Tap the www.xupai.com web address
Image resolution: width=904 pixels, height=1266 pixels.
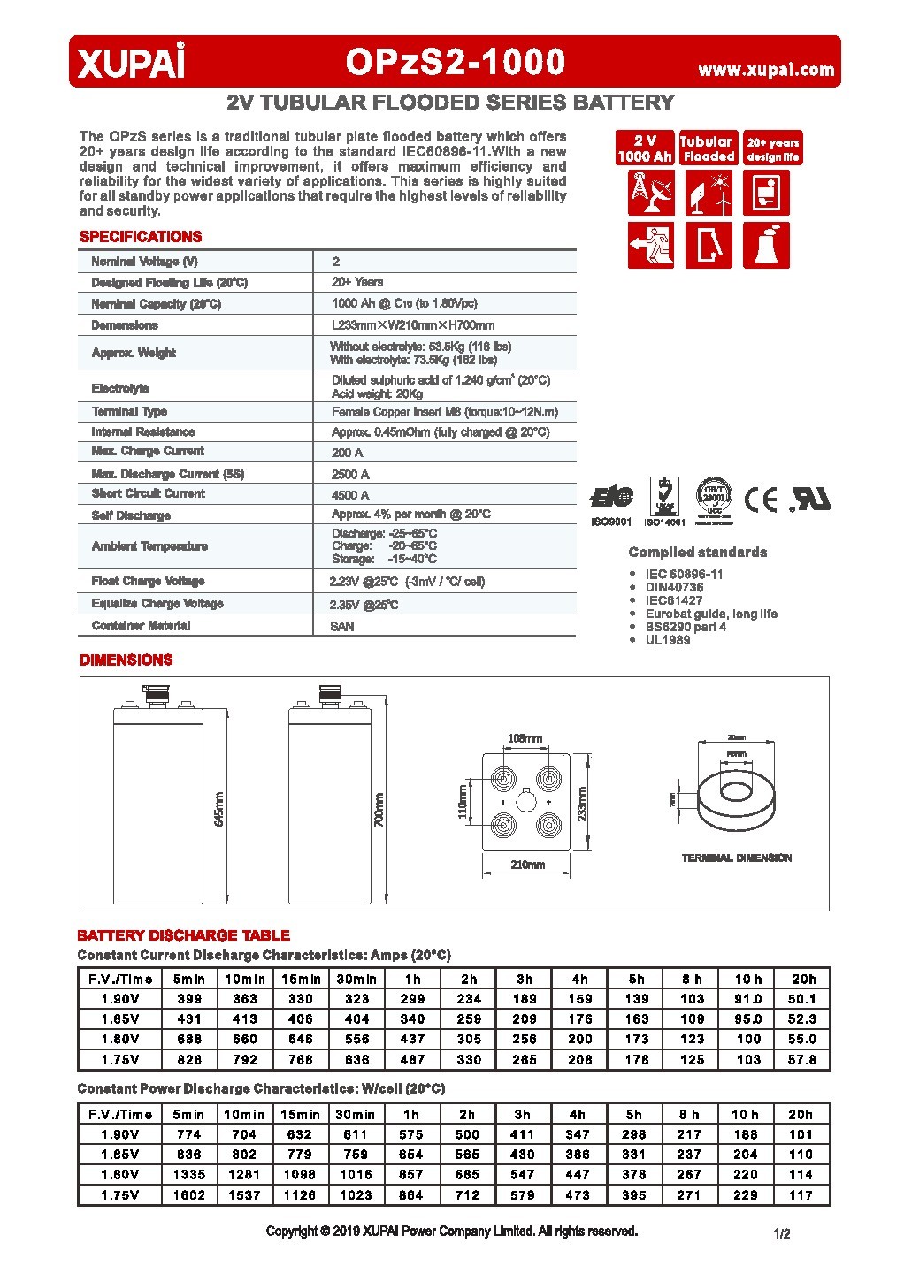point(766,70)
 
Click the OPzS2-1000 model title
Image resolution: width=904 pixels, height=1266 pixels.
point(455,62)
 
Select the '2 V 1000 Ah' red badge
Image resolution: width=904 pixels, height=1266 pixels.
point(645,149)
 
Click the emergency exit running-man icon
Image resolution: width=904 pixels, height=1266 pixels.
point(651,246)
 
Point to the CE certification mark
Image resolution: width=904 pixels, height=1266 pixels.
point(760,500)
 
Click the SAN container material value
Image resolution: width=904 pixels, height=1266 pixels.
point(342,626)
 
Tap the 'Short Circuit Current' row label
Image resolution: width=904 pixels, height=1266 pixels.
point(148,493)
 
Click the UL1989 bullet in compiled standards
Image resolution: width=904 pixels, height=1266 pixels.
point(667,639)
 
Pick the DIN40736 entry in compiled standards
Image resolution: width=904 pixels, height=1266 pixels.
point(674,587)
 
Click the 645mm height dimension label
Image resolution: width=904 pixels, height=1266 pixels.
point(218,809)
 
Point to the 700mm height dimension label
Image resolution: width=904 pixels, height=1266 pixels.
point(379,809)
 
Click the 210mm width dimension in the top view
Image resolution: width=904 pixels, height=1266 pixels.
point(527,865)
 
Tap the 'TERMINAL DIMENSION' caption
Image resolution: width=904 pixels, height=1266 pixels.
point(736,858)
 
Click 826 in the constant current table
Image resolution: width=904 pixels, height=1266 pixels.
point(189,1059)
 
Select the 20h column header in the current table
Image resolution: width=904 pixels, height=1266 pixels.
point(803,979)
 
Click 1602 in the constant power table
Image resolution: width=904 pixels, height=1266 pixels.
point(189,1194)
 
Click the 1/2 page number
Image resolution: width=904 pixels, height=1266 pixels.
point(781,1233)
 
